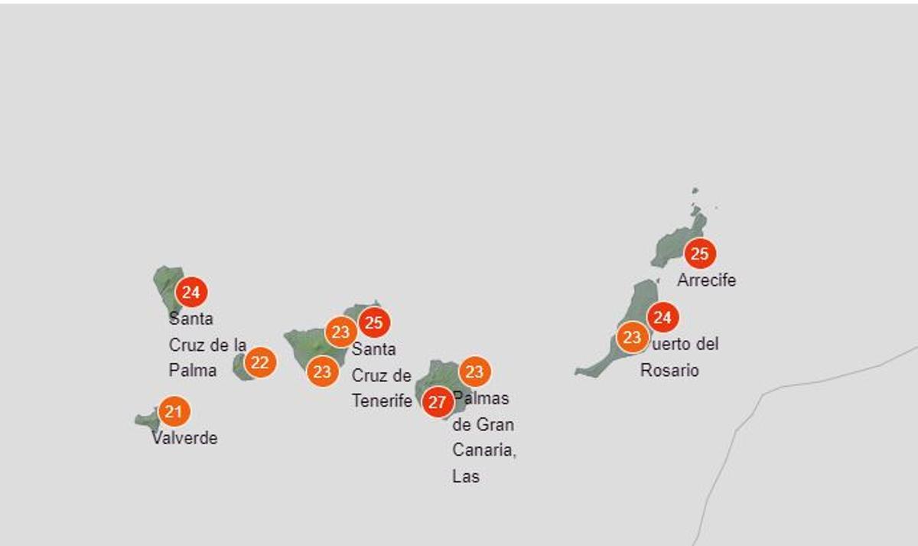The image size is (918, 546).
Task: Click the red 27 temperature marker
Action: point(438,403)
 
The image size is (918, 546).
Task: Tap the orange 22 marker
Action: point(260,363)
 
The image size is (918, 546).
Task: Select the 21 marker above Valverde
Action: point(174,412)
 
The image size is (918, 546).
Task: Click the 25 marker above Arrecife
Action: point(699,253)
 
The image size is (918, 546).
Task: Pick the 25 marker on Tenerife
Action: point(373,322)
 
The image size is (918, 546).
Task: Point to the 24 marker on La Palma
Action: point(191,292)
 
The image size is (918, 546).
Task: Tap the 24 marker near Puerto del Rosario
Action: point(662,317)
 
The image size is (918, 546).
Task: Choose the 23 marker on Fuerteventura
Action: point(633,337)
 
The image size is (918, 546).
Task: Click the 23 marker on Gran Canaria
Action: point(474,372)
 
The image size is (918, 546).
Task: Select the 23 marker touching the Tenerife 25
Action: point(340,332)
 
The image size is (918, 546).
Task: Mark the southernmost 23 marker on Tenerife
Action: point(323,372)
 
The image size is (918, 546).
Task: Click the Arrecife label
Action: point(706,280)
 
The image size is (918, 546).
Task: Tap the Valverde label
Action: point(184,439)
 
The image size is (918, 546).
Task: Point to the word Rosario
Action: point(669,371)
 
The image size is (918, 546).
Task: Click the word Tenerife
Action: point(382,401)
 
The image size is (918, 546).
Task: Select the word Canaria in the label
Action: point(483,450)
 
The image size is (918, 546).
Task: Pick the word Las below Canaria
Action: point(466,476)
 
